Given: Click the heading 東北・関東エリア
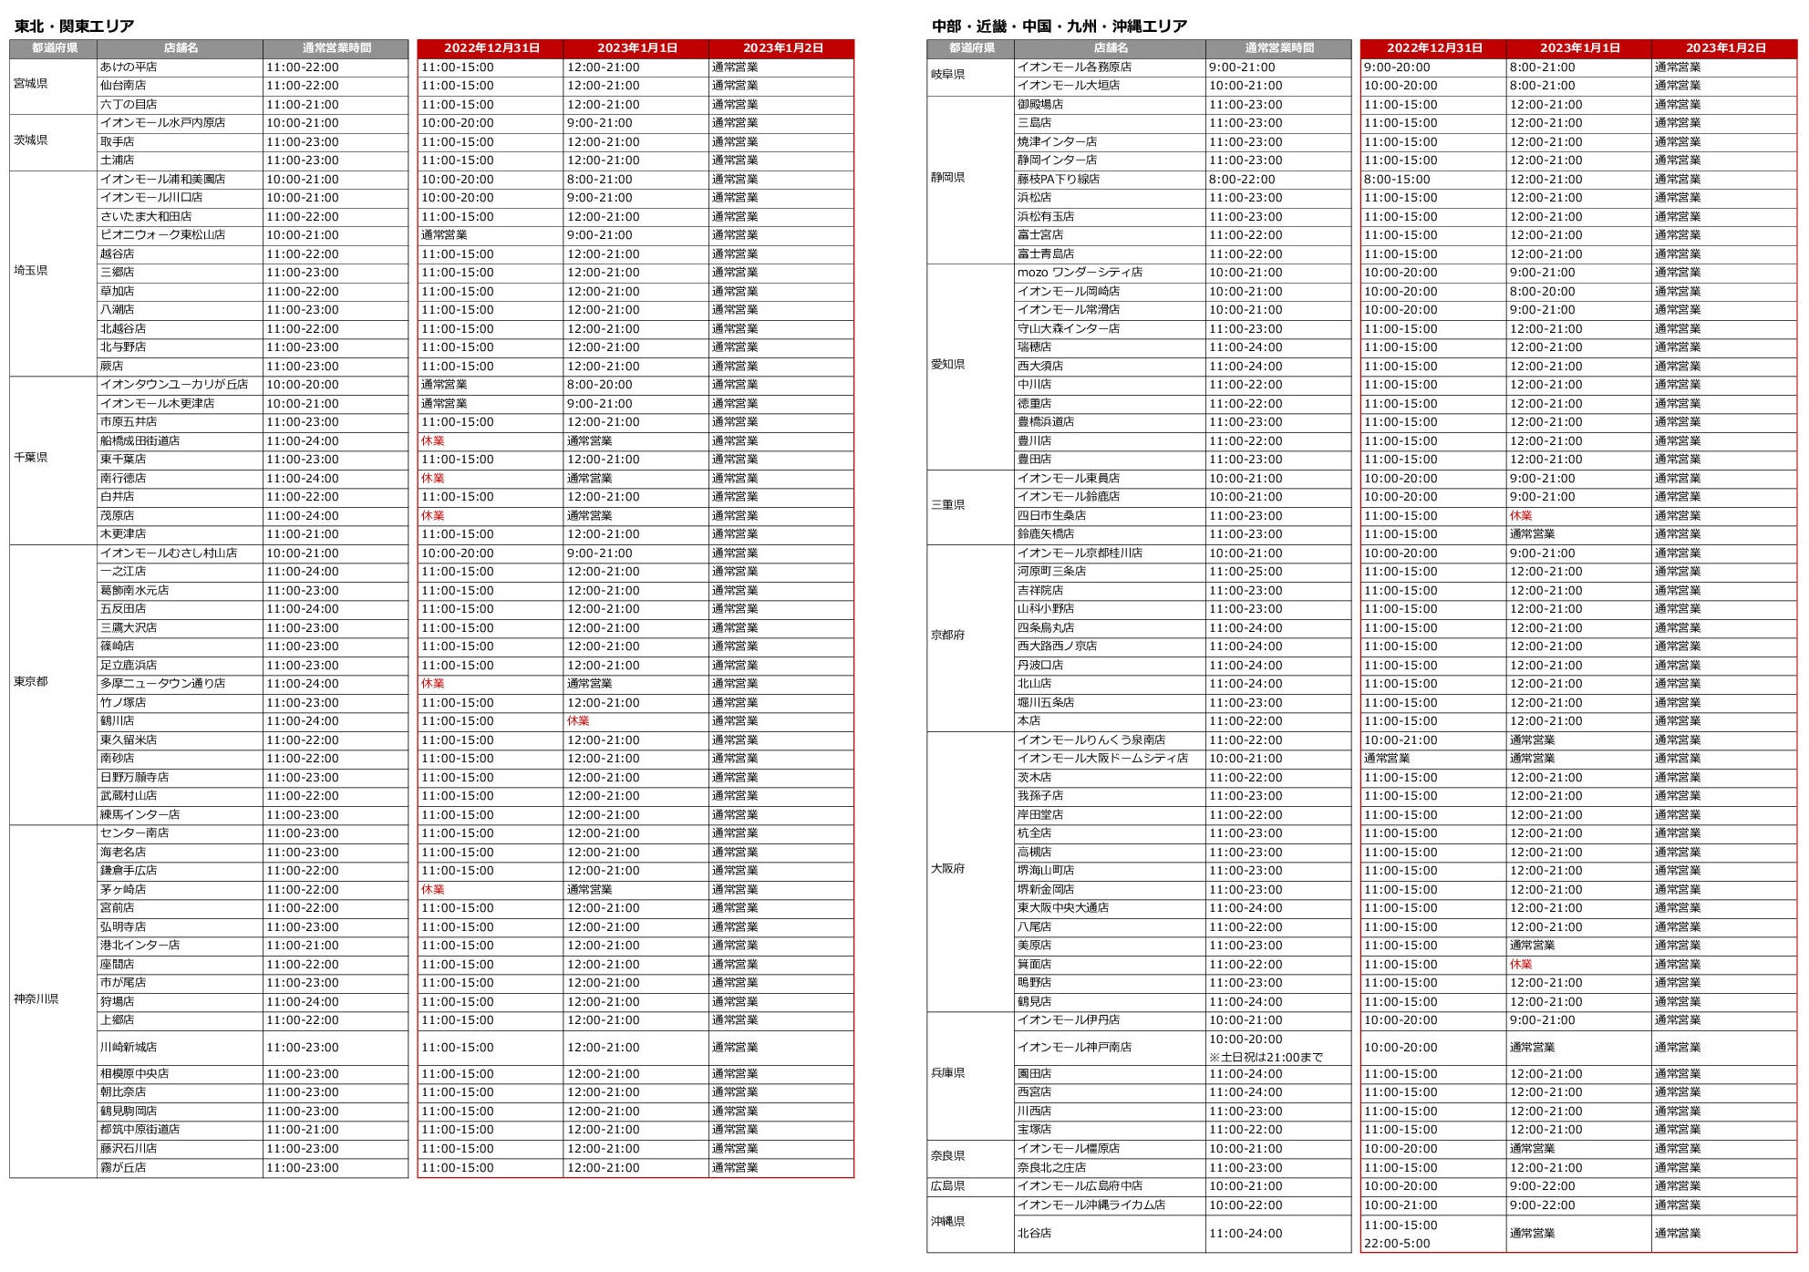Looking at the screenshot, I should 75,26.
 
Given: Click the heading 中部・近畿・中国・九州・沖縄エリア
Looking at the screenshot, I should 1059,26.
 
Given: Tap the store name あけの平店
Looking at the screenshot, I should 129,67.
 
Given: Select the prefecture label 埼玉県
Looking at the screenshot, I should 31,271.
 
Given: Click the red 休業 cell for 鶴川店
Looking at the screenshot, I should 578,721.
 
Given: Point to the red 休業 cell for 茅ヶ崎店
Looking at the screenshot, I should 432,890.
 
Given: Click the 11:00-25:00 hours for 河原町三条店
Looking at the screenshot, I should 1245,572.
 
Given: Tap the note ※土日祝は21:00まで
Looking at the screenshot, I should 1266,1058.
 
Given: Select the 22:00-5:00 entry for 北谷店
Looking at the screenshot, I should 1397,1244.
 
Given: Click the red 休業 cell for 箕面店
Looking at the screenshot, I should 1521,965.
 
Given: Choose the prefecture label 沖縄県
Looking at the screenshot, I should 947,1222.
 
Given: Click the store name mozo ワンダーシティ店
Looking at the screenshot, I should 1080,273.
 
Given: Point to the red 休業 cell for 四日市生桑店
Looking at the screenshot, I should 1521,516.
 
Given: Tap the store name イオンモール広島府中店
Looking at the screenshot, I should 1080,1186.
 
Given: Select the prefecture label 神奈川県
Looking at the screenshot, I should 36,999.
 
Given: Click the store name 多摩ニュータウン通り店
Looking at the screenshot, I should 162,684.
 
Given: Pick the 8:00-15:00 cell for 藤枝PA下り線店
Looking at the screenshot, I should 1397,180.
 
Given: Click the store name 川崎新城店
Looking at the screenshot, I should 129,1048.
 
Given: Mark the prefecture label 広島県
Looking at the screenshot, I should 947,1186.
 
